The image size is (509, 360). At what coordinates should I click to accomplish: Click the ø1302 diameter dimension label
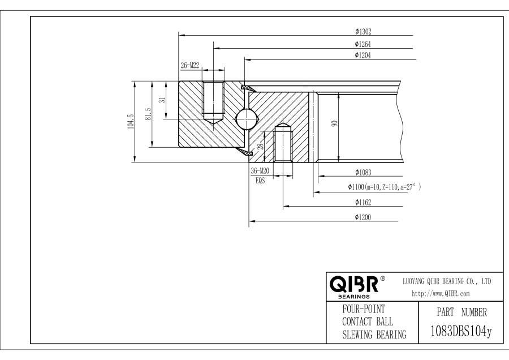[x=363, y=32]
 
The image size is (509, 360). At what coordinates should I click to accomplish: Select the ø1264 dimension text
[x=363, y=44]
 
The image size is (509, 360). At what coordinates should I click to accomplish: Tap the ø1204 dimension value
[x=363, y=55]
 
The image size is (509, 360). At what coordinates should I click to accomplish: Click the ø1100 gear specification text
[x=384, y=187]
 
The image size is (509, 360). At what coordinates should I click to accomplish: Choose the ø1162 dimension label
[x=363, y=202]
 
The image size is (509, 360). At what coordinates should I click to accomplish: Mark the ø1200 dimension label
[x=363, y=217]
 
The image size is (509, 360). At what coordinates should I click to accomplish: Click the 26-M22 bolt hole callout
[x=189, y=66]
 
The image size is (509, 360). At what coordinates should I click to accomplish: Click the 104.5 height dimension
[x=131, y=122]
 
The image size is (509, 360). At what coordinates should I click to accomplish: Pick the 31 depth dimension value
[x=161, y=100]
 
